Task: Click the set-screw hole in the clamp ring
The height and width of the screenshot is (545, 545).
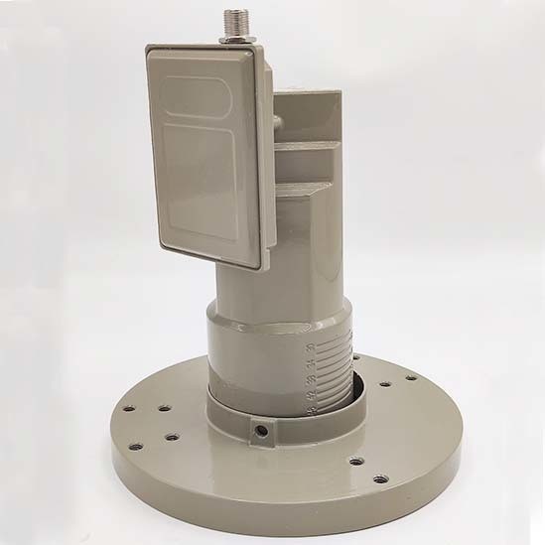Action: [261, 430]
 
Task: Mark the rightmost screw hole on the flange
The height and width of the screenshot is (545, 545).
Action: [411, 377]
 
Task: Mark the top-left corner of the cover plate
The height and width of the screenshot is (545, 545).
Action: [149, 47]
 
